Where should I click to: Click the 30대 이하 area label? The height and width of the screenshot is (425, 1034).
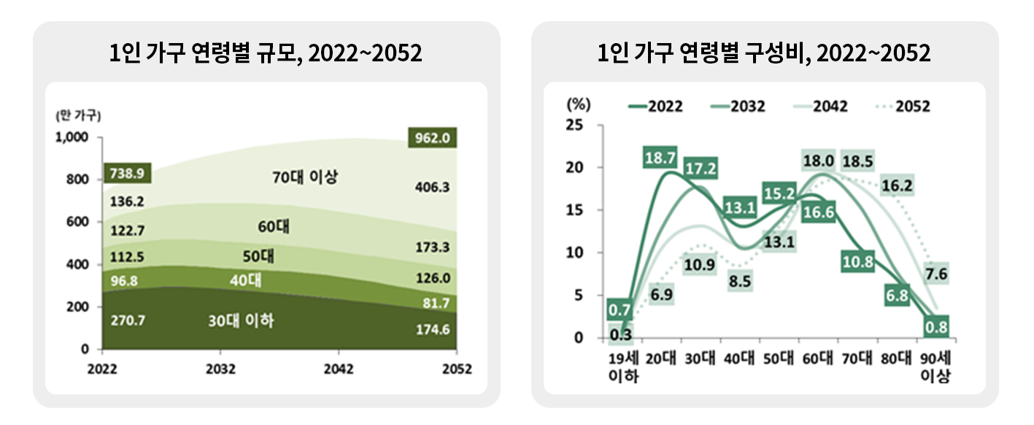coord(242,320)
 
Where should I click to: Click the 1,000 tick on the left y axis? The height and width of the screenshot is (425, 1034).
coord(73,137)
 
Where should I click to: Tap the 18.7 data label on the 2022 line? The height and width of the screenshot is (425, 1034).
coord(660,158)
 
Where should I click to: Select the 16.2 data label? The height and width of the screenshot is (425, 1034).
coord(897,185)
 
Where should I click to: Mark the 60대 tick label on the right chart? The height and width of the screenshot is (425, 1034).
coord(818,359)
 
